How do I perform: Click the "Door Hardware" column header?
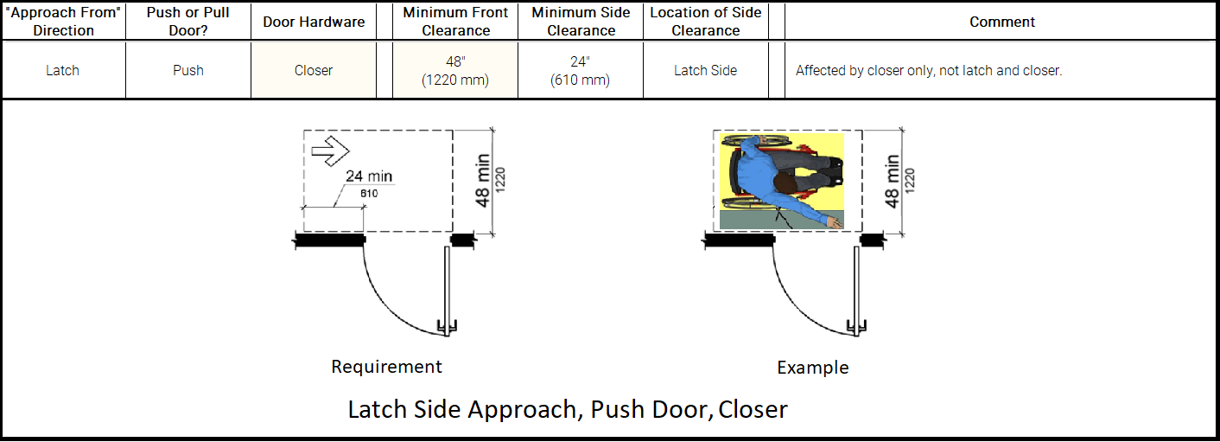[314, 22]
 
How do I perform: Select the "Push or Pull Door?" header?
[188, 22]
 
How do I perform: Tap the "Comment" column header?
[1002, 22]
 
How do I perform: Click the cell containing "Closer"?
[314, 70]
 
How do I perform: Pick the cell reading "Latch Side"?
[705, 70]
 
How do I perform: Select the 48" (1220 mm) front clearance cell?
[455, 70]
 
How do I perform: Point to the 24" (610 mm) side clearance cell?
[581, 70]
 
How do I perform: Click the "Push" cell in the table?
[188, 70]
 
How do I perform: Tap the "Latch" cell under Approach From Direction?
[62, 70]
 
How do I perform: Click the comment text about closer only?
[928, 70]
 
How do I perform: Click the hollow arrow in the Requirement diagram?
[328, 151]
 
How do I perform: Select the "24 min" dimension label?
[369, 176]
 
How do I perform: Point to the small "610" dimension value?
[369, 193]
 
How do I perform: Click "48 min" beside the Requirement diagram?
[483, 180]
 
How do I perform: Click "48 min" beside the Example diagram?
[893, 180]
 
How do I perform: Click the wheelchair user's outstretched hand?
[834, 223]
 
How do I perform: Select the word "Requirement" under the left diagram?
[386, 367]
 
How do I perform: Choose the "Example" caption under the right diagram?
[812, 368]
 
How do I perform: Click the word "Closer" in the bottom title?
[753, 408]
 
